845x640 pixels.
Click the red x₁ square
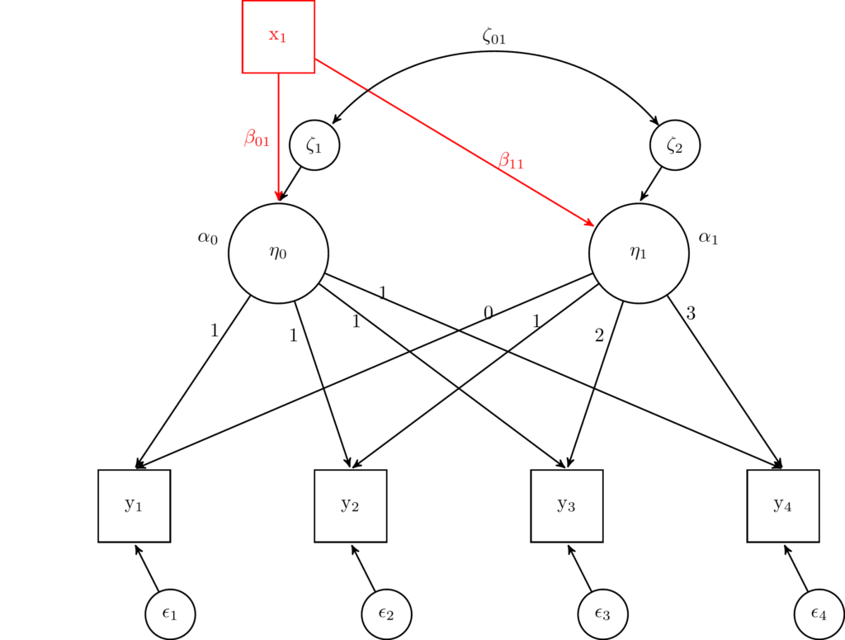[x=278, y=36]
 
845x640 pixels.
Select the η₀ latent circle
[x=278, y=253]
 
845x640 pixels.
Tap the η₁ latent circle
[x=639, y=253]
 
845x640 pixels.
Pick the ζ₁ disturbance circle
[x=314, y=145]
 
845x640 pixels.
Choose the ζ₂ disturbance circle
[x=675, y=145]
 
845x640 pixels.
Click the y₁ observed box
[x=134, y=505]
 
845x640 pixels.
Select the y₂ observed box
[x=350, y=505]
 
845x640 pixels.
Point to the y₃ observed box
[x=566, y=505]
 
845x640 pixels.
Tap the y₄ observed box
[x=782, y=505]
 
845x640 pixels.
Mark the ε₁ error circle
[x=170, y=614]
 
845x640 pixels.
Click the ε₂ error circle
[x=386, y=614]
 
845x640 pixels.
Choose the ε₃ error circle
[x=602, y=614]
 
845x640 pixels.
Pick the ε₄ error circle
[x=819, y=614]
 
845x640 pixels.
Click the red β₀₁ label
[x=257, y=138]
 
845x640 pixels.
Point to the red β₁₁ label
[x=511, y=160]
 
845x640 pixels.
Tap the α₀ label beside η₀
[x=207, y=239]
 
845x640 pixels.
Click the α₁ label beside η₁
[x=709, y=239]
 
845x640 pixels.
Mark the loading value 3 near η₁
[x=692, y=313]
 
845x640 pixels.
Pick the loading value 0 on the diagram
[x=489, y=312]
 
